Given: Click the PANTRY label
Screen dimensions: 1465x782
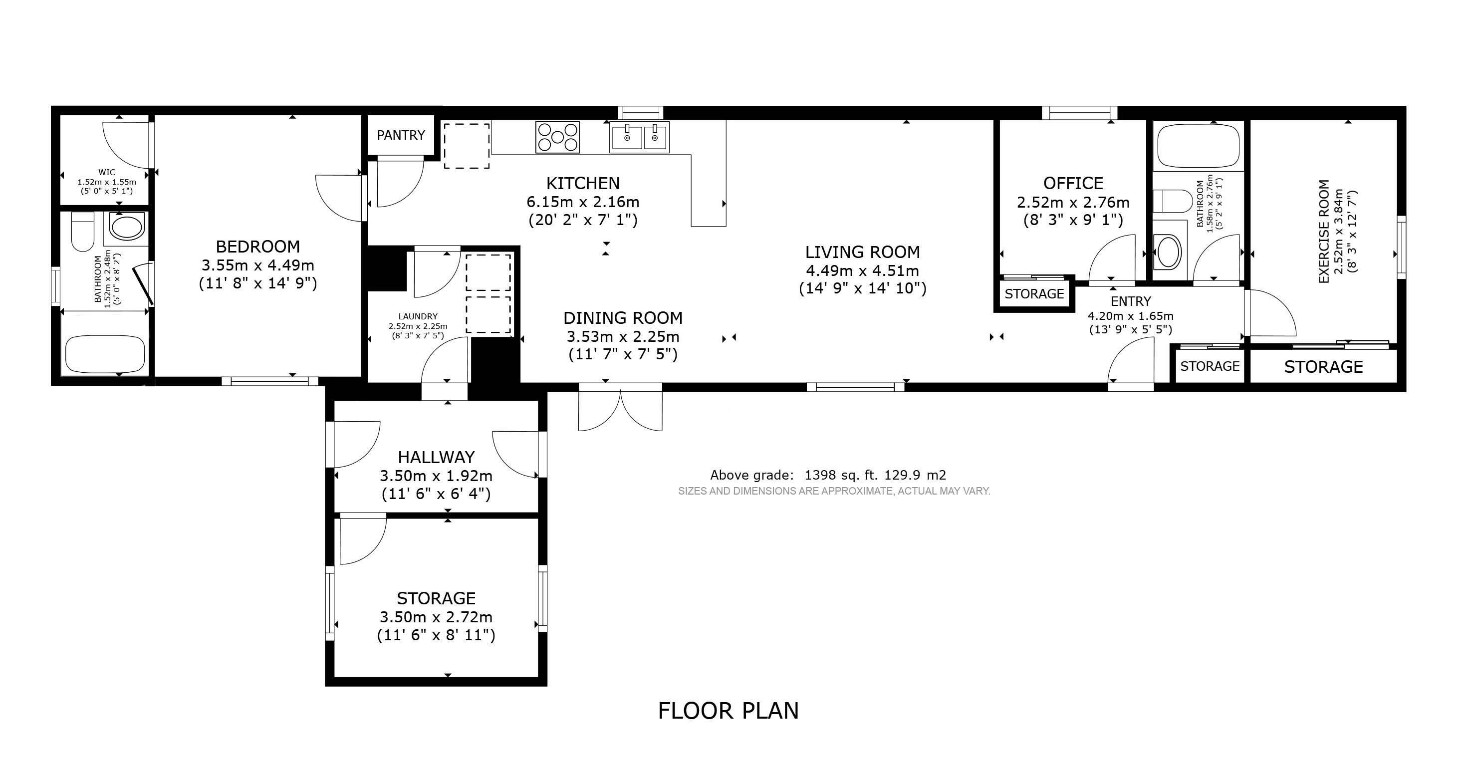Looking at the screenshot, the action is [401, 135].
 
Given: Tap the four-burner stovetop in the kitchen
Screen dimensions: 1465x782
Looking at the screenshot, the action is [557, 137].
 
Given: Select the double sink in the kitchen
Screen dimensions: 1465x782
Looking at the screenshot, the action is [639, 137].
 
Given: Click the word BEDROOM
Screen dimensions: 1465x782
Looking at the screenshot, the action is [257, 246].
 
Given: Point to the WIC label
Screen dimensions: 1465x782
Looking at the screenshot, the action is [107, 172].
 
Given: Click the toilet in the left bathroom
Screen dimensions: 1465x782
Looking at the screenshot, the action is [82, 232].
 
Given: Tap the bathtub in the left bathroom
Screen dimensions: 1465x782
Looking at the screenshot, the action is [105, 354].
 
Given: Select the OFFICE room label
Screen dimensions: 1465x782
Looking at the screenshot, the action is [1073, 183].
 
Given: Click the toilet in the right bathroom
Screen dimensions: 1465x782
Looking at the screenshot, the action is [1172, 201].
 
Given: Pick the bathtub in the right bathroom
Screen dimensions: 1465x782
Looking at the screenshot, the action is [1198, 146].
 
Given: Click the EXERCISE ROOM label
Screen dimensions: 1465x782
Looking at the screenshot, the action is [1324, 232].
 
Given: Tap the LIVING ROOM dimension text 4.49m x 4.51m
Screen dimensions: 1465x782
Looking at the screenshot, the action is [863, 270].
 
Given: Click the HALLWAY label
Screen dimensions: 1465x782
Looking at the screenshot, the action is [436, 457].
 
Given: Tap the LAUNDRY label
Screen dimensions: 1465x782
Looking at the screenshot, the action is [418, 317].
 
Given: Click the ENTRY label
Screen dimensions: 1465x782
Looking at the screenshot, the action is [1131, 301].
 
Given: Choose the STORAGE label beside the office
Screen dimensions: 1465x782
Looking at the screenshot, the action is [1034, 294].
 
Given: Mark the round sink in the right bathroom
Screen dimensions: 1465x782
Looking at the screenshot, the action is [1168, 252].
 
